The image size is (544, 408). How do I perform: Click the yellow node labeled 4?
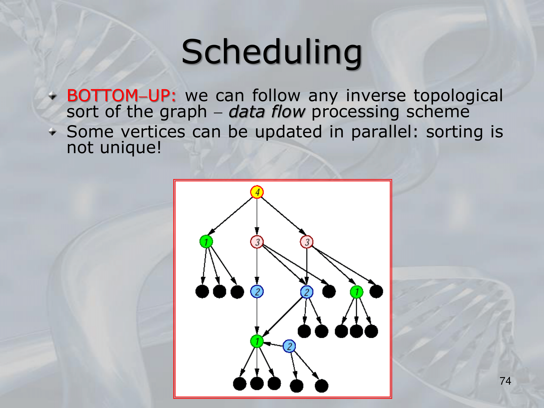(x=257, y=192)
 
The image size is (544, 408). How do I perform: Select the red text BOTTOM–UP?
(x=121, y=95)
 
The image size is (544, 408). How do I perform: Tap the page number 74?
(x=505, y=381)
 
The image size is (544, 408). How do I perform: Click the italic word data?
(x=247, y=112)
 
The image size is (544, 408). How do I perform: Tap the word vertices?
(x=153, y=132)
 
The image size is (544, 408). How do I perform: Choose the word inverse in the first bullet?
(x=376, y=95)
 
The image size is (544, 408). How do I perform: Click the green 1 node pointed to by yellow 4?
(x=206, y=242)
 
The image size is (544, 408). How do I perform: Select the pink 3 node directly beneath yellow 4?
(x=257, y=242)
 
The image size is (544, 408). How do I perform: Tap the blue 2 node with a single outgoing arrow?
(x=257, y=292)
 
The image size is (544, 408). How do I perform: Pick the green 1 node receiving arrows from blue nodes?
(x=257, y=341)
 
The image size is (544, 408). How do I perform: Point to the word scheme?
(x=438, y=112)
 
